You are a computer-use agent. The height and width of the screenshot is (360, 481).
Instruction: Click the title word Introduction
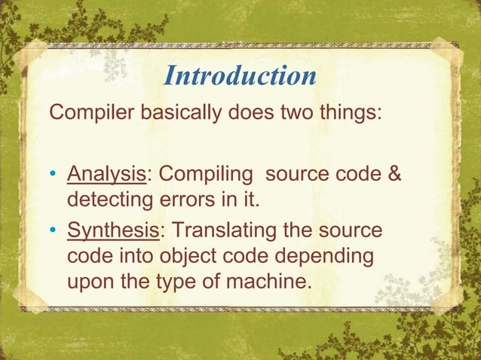pyautogui.click(x=240, y=76)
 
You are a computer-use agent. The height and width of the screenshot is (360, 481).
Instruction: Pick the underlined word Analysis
pyautogui.click(x=106, y=175)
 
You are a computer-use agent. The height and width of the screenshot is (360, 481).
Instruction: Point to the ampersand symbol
pyautogui.click(x=393, y=175)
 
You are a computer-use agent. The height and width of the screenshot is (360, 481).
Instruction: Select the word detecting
pyautogui.click(x=109, y=203)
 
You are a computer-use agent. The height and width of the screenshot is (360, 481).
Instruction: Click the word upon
pyautogui.click(x=91, y=283)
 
